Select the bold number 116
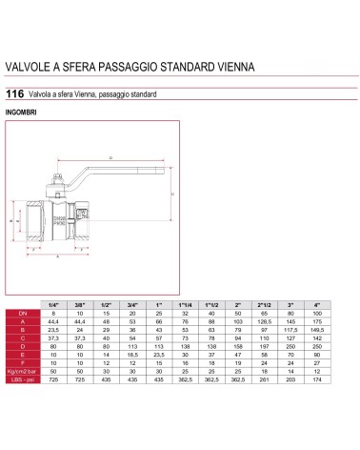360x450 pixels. coord(14,94)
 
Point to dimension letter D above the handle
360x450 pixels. coord(110,155)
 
